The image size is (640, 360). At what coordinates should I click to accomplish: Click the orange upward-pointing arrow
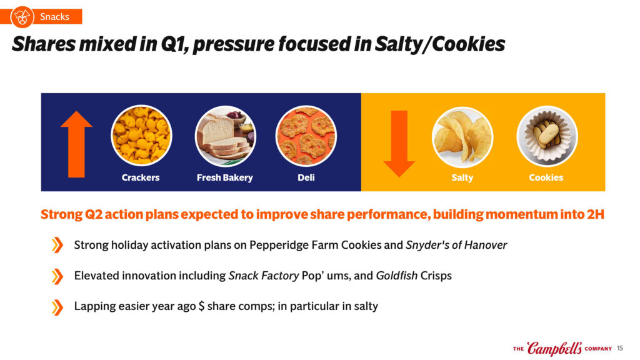click(x=76, y=144)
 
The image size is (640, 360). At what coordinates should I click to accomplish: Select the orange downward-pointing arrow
click(x=399, y=144)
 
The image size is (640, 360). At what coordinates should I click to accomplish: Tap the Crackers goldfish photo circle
click(x=141, y=136)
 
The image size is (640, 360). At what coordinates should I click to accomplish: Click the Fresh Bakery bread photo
click(x=225, y=136)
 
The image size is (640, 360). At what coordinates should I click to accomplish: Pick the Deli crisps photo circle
click(x=306, y=136)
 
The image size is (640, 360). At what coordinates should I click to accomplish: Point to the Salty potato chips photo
click(x=462, y=137)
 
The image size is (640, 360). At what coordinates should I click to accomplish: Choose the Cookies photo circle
click(x=547, y=136)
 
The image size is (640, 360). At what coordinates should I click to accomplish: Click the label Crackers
click(x=141, y=177)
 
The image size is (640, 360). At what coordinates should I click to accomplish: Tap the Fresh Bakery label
click(x=225, y=177)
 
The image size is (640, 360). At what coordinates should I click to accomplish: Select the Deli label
click(x=306, y=177)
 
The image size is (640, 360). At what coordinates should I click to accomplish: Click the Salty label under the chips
click(x=462, y=177)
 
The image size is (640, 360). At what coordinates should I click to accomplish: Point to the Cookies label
click(x=546, y=177)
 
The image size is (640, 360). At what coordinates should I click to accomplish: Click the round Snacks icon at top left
click(x=22, y=17)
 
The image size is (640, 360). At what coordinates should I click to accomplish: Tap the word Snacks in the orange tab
click(x=55, y=17)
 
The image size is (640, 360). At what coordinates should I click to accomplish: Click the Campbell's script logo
click(x=554, y=348)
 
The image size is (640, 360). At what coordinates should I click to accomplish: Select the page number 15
click(x=620, y=348)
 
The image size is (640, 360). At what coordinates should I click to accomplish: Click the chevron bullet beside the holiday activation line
click(x=57, y=245)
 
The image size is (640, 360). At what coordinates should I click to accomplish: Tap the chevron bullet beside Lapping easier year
click(x=57, y=307)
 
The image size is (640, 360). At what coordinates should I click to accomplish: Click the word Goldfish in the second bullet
click(x=396, y=276)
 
